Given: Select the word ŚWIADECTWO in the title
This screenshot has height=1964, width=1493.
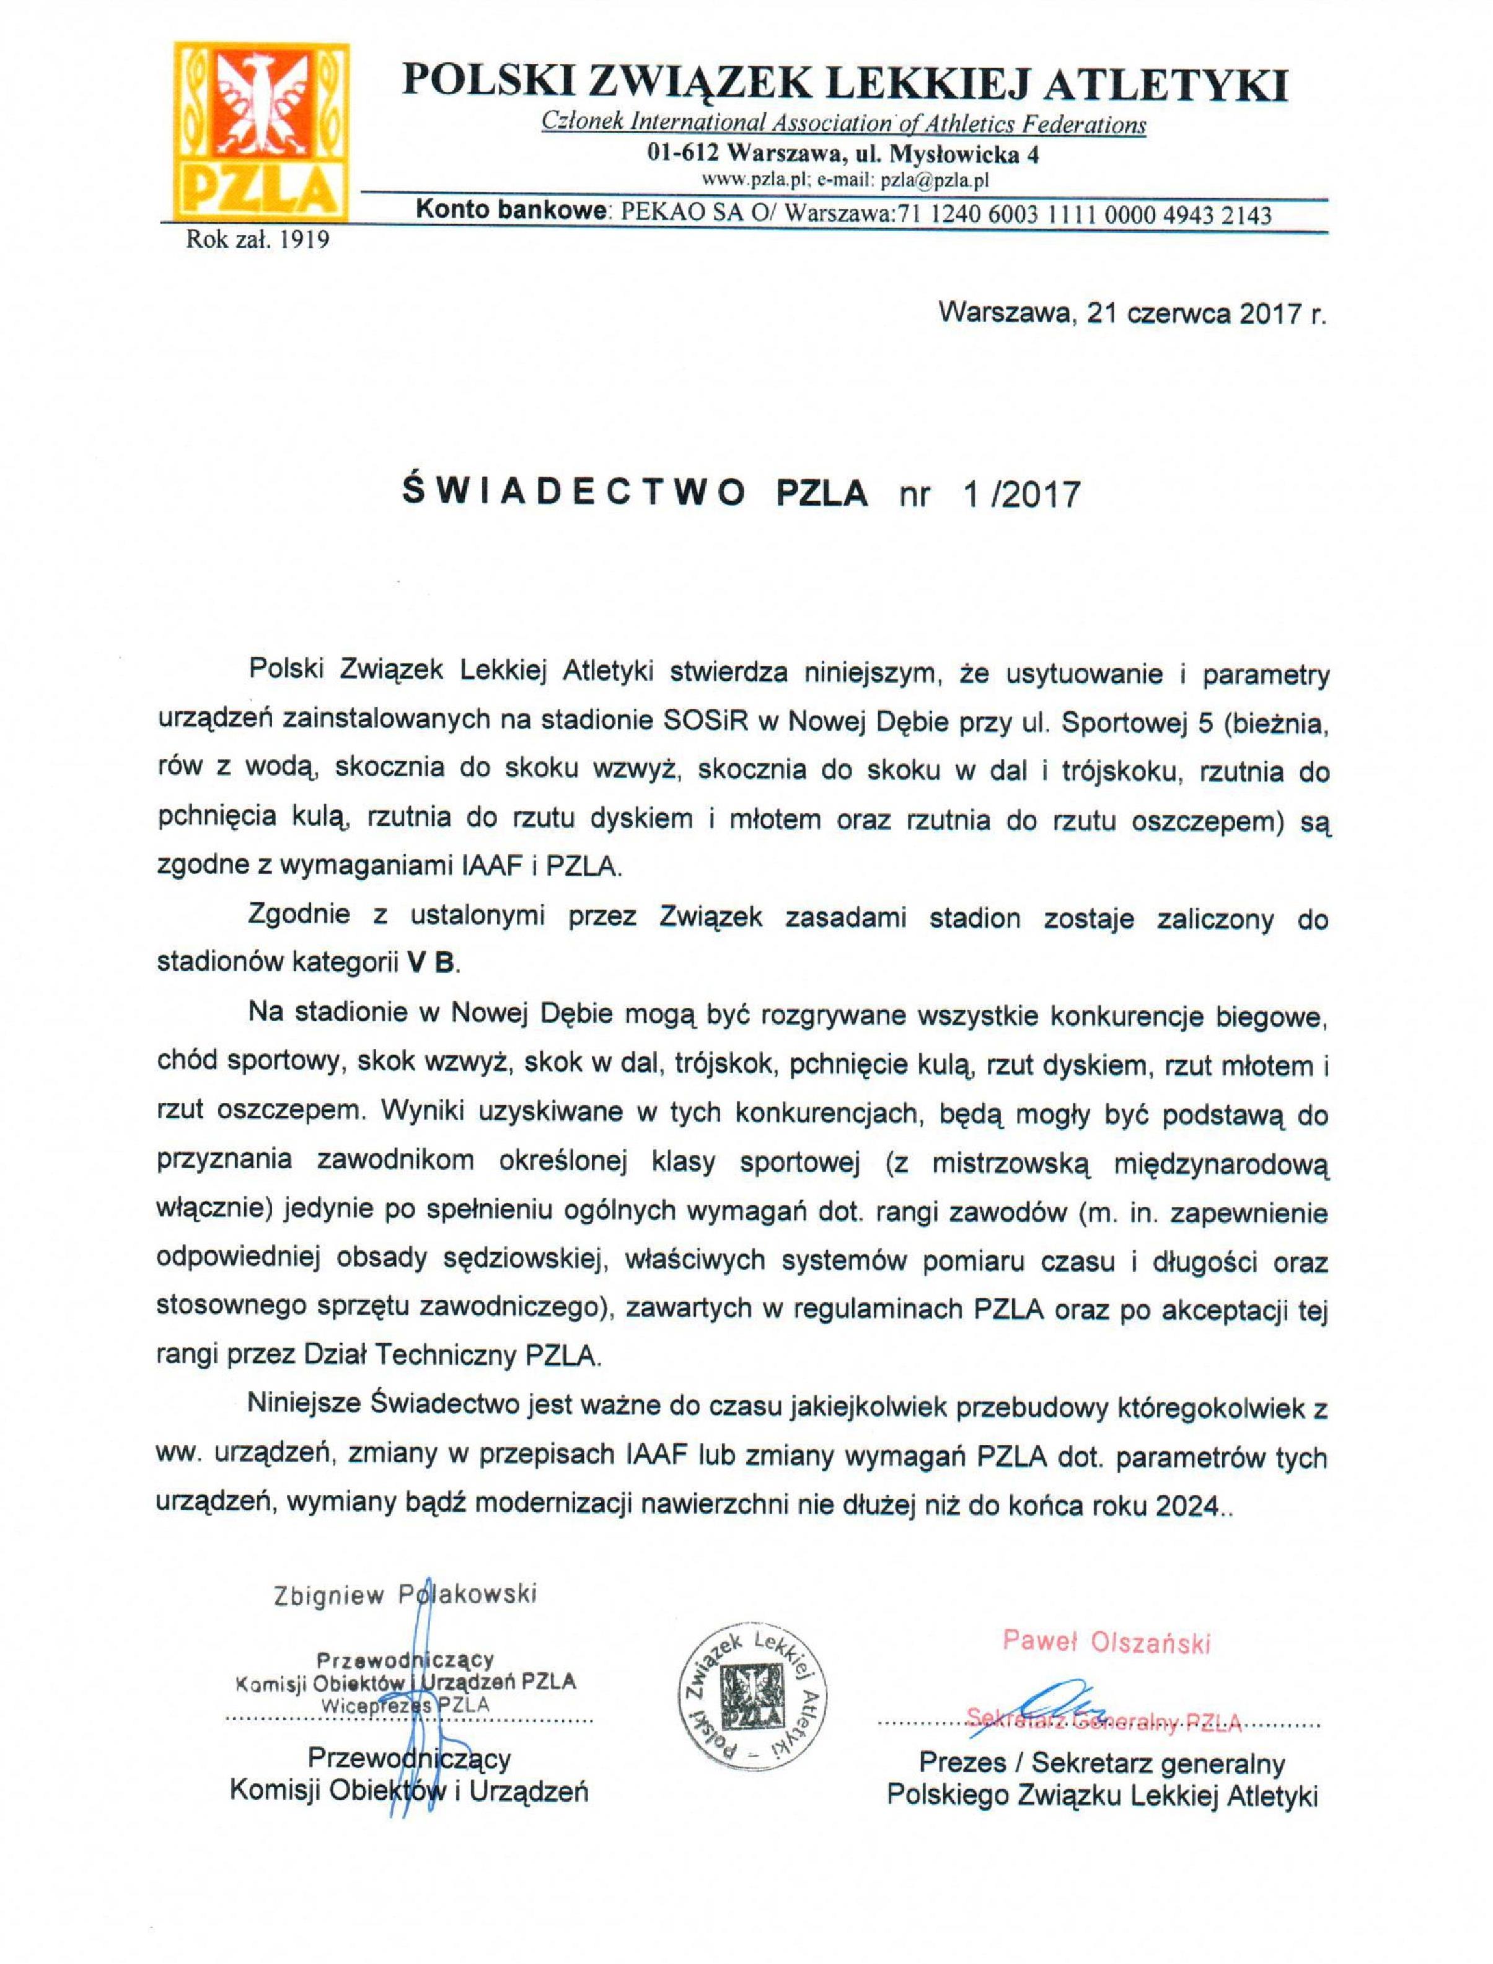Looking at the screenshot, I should coord(574,491).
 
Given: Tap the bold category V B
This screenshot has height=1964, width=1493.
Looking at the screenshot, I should coord(430,963).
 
